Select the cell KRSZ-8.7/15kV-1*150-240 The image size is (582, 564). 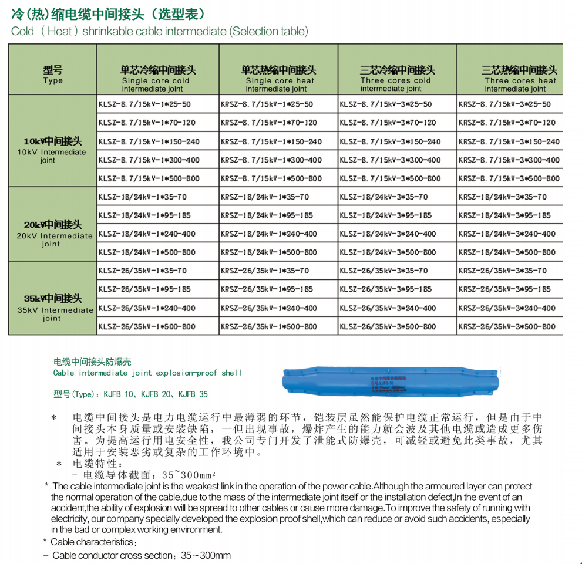tap(271, 141)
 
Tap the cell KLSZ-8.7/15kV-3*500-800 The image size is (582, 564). tap(390, 178)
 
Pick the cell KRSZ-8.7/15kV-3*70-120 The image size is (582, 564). tap(507, 123)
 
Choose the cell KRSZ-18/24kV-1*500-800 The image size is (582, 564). tap(269, 252)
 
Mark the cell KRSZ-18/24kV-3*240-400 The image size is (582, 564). tap(507, 234)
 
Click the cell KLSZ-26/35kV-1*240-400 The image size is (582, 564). tap(147, 308)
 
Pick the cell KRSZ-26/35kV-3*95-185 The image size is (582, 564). tap(504, 289)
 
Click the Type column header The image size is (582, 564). tap(53, 75)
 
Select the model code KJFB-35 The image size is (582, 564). tap(193, 394)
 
